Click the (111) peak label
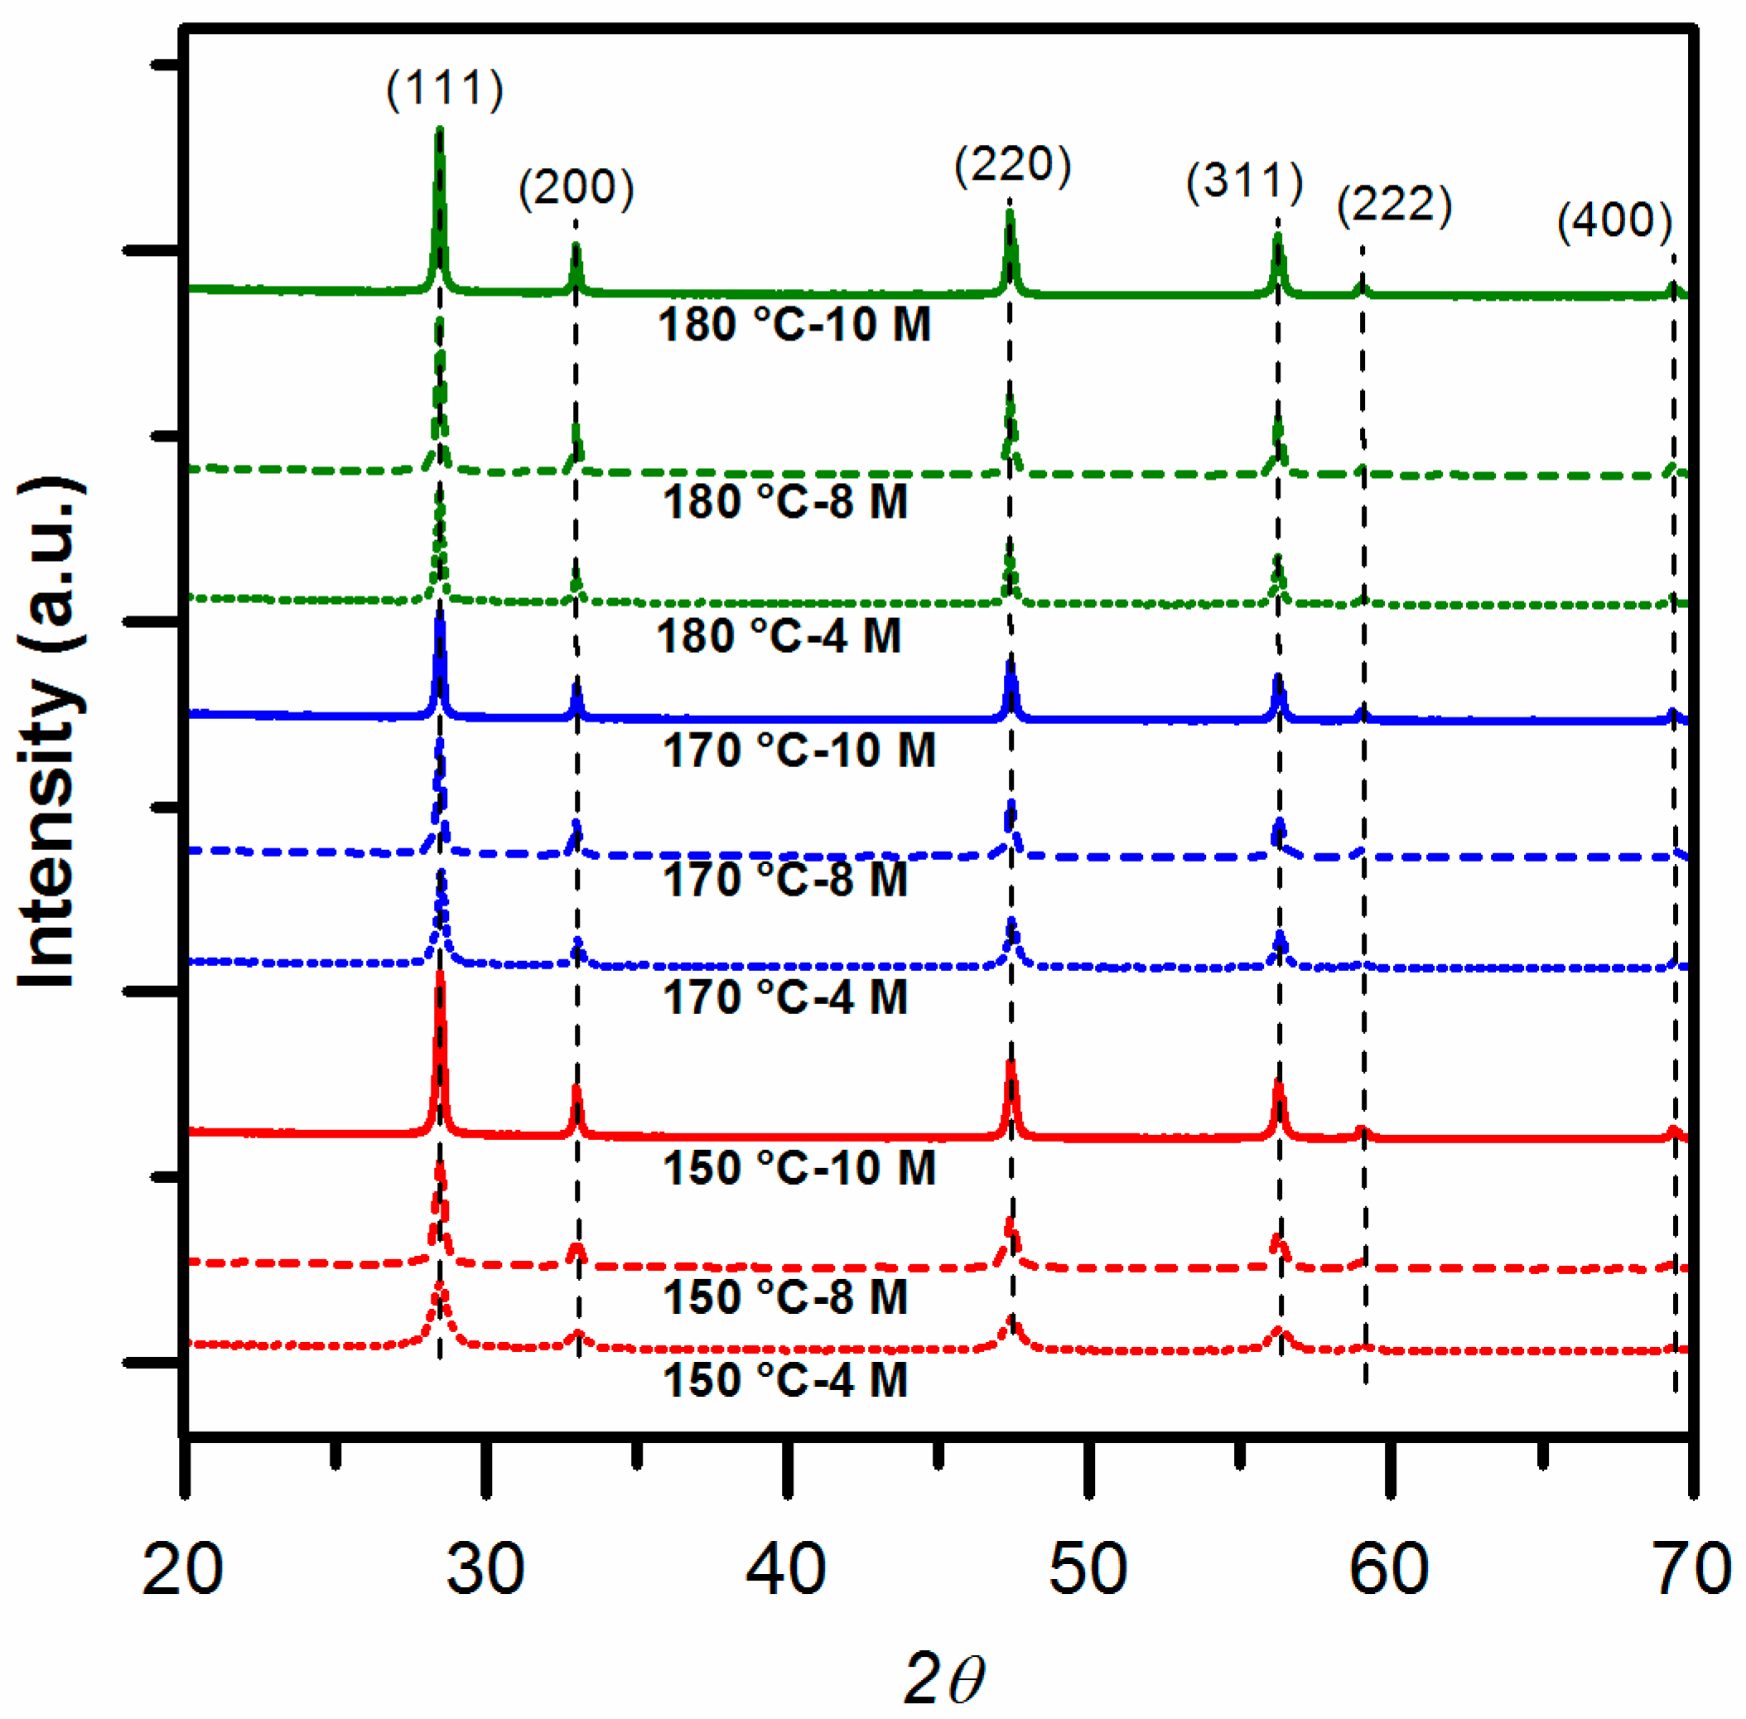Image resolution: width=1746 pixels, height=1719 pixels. (x=444, y=89)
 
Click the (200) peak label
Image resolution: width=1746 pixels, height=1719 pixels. (x=576, y=187)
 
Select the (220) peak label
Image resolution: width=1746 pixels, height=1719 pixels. (x=1012, y=164)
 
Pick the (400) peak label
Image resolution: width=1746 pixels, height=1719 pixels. (x=1614, y=220)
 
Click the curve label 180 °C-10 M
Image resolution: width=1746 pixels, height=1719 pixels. (x=793, y=324)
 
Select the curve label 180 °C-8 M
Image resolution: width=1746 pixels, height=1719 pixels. (x=784, y=501)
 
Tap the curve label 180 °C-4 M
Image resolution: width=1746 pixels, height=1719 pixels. (x=779, y=635)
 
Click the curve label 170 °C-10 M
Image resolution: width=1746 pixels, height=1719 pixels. (x=799, y=751)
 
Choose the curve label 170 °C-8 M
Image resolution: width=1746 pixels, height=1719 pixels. (x=784, y=878)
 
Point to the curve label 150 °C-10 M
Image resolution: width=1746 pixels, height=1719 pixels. (x=799, y=1167)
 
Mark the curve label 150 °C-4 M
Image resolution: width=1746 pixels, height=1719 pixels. (x=784, y=1380)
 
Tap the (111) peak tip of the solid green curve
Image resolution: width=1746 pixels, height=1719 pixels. (x=440, y=132)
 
